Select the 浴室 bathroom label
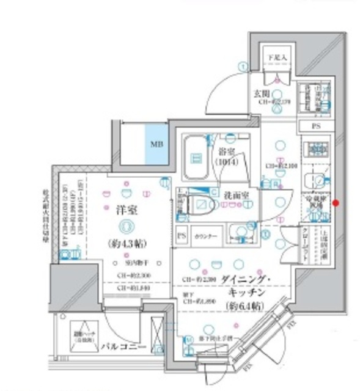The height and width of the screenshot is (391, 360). click(x=227, y=151)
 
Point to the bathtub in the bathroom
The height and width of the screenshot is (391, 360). click(x=197, y=158)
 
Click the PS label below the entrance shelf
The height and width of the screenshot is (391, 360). click(x=315, y=126)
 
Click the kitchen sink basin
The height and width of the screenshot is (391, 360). click(x=317, y=179)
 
